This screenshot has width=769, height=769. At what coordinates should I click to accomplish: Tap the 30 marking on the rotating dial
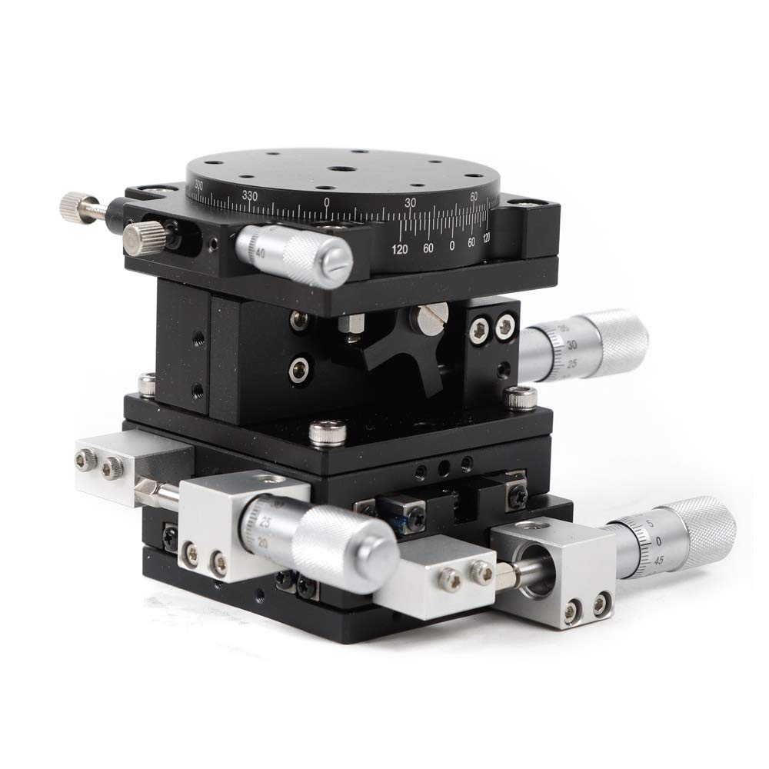(411, 202)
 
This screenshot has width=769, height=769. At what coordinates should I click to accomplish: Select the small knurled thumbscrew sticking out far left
(75, 204)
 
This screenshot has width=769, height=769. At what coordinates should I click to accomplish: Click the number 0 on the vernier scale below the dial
(451, 246)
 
